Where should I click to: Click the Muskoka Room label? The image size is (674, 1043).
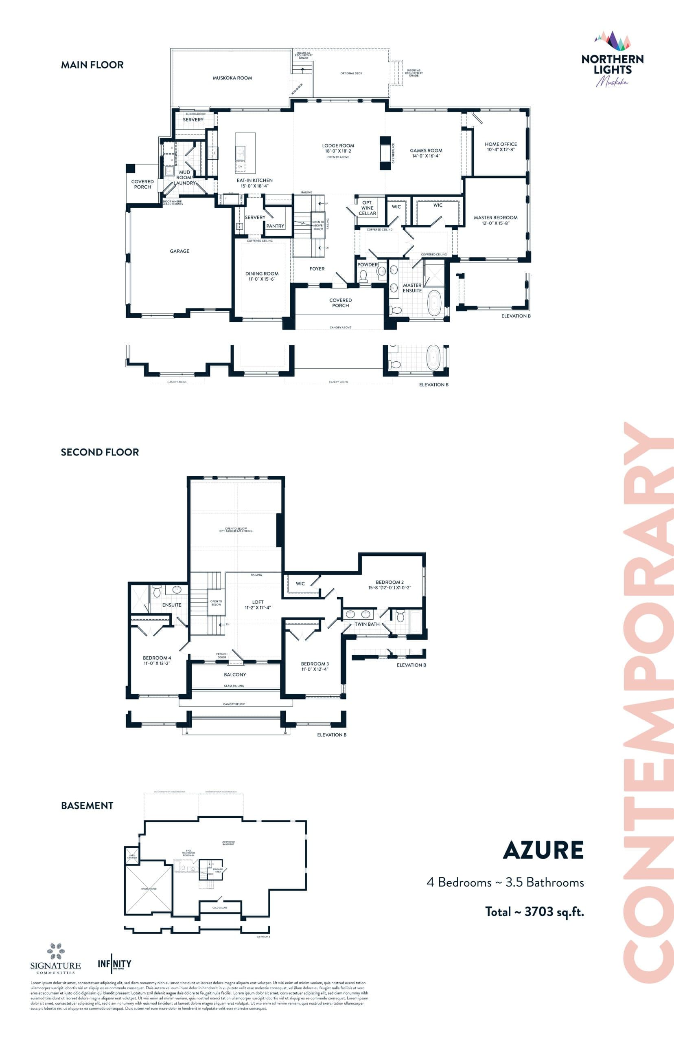coord(232,78)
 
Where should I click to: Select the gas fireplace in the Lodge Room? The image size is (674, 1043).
coord(385,153)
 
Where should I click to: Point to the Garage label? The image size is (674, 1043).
coord(179,251)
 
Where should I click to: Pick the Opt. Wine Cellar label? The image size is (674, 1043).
coord(367,208)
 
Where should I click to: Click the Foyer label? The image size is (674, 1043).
coord(317,268)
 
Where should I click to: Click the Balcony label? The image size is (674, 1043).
coord(234,675)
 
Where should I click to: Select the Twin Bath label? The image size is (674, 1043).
coord(367,624)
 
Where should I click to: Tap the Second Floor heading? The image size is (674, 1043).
coord(100,452)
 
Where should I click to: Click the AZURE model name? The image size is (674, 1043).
coord(543,850)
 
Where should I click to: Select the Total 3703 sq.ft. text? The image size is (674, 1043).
coord(534,912)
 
